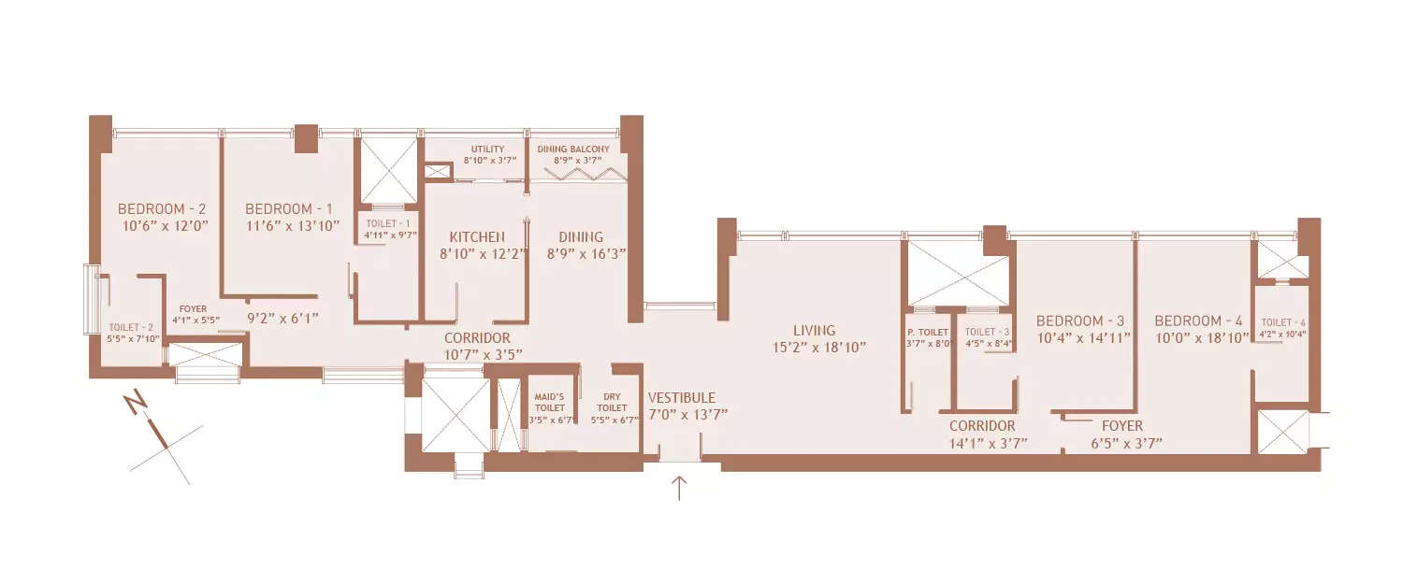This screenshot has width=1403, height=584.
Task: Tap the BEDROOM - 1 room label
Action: point(289,208)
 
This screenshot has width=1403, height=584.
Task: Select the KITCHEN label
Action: point(477,236)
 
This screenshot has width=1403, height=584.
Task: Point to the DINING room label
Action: point(581,236)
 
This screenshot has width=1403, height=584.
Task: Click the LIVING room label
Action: point(814,330)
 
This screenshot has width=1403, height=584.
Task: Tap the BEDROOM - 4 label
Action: point(1201,320)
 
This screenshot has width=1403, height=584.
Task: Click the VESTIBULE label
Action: point(682,397)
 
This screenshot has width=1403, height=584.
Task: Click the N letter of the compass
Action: point(137,404)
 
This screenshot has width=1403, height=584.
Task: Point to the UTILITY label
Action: point(487,149)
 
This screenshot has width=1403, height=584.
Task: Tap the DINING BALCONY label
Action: point(573,149)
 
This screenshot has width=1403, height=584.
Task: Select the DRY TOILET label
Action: point(613,402)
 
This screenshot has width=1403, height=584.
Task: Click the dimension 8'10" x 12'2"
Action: point(477,253)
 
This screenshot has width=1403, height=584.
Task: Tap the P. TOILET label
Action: point(928,332)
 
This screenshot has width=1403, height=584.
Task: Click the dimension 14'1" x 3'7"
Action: point(988,443)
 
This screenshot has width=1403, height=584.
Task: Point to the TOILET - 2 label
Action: point(130,326)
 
